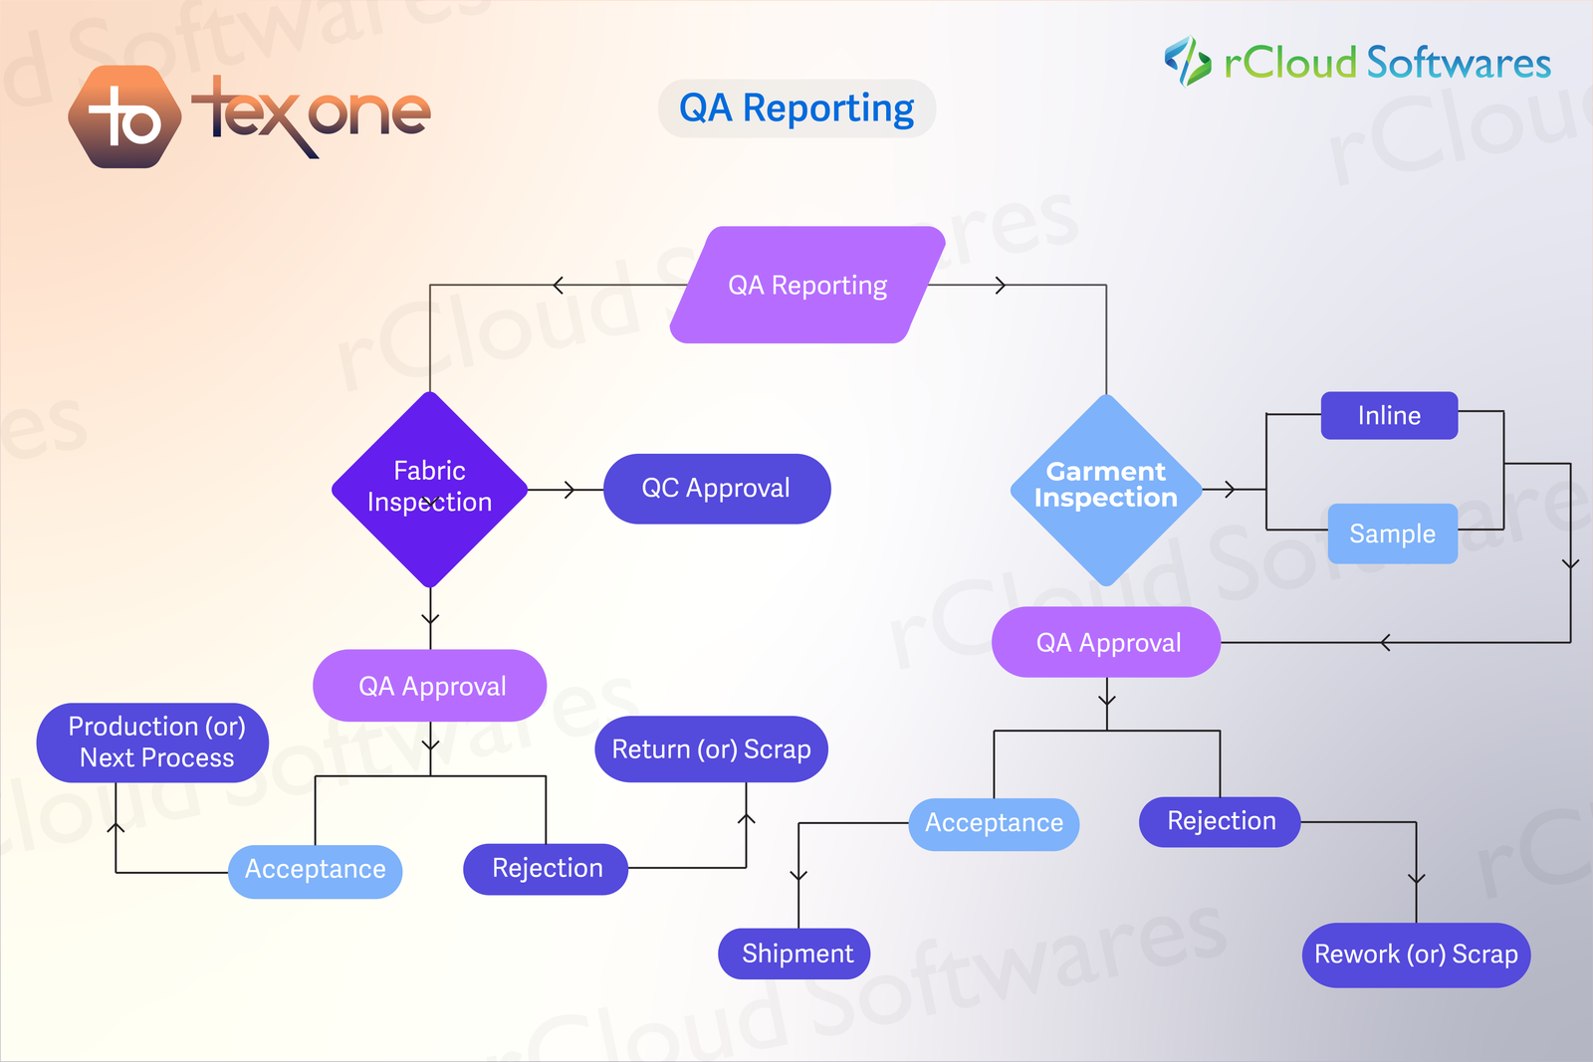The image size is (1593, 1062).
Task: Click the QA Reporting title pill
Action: click(x=796, y=108)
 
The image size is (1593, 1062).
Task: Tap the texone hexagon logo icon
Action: click(x=124, y=117)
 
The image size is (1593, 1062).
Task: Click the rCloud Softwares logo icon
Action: click(x=1187, y=62)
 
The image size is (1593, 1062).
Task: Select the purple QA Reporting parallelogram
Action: click(x=807, y=286)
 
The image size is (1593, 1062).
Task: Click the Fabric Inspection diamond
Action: click(x=430, y=488)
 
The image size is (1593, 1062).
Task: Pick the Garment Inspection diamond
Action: click(x=1106, y=488)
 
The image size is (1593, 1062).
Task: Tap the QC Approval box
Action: click(x=717, y=489)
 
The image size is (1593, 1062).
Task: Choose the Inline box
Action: click(x=1389, y=416)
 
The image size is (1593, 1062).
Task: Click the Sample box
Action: click(x=1392, y=534)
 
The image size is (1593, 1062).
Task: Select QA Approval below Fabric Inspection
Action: click(x=430, y=686)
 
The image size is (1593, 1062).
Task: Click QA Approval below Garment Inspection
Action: click(x=1106, y=643)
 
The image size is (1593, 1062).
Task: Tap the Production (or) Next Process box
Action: click(x=153, y=743)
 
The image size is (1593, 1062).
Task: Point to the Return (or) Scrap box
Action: click(x=711, y=749)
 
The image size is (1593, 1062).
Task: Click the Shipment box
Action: click(x=795, y=954)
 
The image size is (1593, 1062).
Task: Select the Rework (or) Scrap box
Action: click(x=1416, y=955)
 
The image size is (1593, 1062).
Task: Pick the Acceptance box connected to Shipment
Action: click(x=994, y=824)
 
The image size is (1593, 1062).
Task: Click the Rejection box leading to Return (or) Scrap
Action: click(x=546, y=869)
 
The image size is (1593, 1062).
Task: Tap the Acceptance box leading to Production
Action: click(x=315, y=871)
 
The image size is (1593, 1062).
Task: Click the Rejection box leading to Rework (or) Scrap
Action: click(x=1220, y=822)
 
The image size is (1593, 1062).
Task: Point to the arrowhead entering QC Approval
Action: click(x=570, y=490)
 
